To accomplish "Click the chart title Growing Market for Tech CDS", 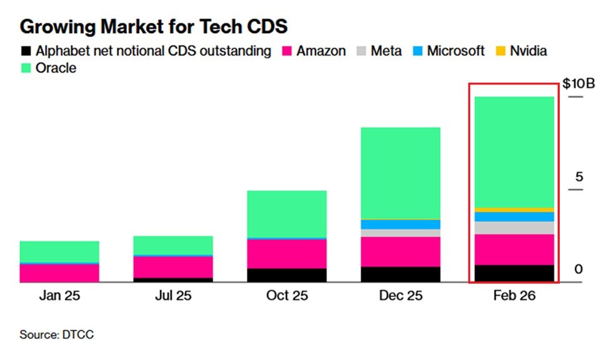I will pyautogui.click(x=153, y=27).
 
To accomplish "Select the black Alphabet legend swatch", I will pyautogui.click(x=25, y=51).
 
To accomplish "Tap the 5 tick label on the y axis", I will pyautogui.click(x=579, y=177).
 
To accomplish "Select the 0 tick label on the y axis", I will pyautogui.click(x=579, y=269).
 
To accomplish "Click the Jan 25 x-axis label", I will pyautogui.click(x=59, y=296).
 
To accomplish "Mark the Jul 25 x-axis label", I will pyautogui.click(x=173, y=296).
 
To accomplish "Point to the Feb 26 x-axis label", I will pyautogui.click(x=515, y=296).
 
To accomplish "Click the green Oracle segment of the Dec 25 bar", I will pyautogui.click(x=401, y=172).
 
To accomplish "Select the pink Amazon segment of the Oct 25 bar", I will pyautogui.click(x=287, y=253).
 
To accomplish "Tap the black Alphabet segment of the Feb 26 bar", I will pyautogui.click(x=514, y=273).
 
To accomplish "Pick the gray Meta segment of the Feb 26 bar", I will pyautogui.click(x=514, y=227).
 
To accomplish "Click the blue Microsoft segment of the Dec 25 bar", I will pyautogui.click(x=401, y=224).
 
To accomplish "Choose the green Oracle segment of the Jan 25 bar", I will pyautogui.click(x=59, y=251).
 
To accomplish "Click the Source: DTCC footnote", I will pyautogui.click(x=57, y=335).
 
